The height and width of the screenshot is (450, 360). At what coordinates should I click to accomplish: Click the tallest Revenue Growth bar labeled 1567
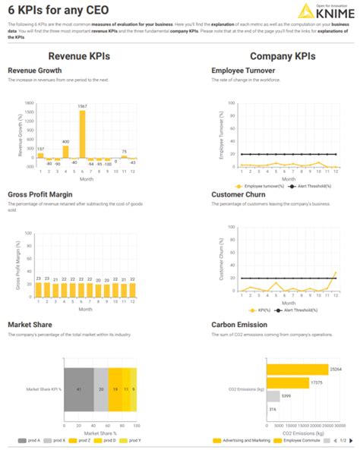point(83,134)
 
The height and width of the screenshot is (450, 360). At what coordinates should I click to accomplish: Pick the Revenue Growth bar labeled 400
point(65,150)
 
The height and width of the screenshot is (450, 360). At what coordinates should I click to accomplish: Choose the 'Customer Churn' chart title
point(239,194)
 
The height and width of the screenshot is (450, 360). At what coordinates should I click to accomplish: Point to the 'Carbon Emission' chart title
point(239,325)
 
